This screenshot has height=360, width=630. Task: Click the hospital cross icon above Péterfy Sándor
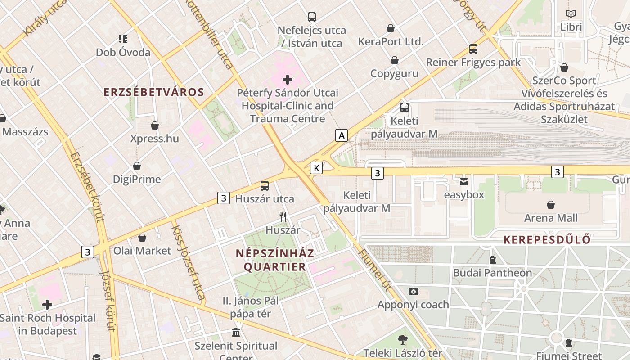pos(288,80)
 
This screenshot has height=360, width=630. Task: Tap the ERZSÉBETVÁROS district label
pos(154,92)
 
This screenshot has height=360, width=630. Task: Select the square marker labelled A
pos(342,135)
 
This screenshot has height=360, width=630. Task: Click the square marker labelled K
pos(317,168)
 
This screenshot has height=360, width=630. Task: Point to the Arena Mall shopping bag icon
pos(551,205)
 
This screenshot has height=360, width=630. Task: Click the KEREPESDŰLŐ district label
pos(547,240)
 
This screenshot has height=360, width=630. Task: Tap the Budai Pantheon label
pos(492,273)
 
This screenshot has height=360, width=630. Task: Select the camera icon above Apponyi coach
pos(413,291)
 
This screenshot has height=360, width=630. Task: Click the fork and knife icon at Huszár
pos(283,217)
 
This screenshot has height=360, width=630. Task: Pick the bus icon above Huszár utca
pos(265,185)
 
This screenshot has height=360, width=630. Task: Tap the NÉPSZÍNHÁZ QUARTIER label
pos(275,260)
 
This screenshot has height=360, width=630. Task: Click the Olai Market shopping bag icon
pos(142,238)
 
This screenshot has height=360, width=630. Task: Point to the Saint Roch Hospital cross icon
pos(47,305)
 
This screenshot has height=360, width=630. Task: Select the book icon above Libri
pos(571,14)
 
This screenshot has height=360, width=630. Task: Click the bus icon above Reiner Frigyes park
pos(473,49)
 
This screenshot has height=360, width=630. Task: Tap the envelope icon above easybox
pos(464,182)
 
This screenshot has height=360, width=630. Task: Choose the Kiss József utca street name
pos(188,263)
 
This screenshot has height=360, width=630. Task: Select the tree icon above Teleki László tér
pos(403,340)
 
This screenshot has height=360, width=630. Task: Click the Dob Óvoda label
pos(123,52)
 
